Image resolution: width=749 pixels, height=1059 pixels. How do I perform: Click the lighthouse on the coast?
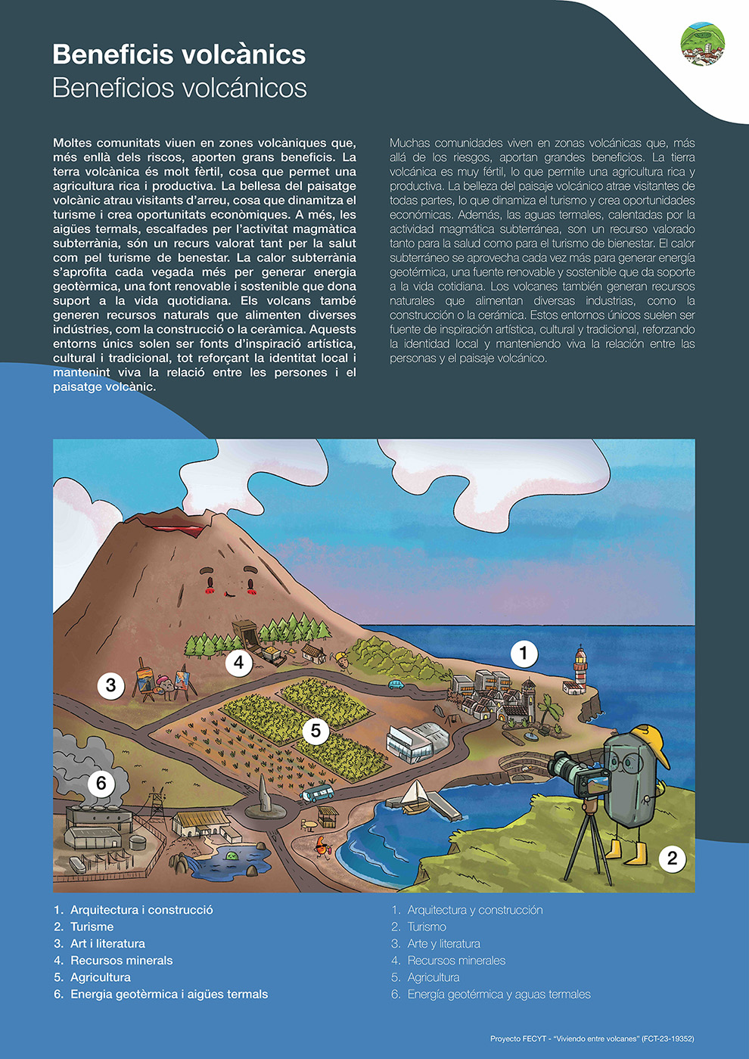(x=580, y=669)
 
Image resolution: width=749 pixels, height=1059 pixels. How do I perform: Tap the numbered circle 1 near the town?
(x=524, y=653)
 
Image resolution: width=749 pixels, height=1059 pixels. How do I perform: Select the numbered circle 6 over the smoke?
(x=101, y=783)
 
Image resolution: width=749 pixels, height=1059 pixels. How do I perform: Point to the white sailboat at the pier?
(x=415, y=796)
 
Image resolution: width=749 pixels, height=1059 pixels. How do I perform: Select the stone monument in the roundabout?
(x=263, y=795)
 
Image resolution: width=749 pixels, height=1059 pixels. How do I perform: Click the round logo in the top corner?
(x=702, y=44)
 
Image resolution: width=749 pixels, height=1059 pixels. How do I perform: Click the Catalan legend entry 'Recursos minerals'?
(x=121, y=961)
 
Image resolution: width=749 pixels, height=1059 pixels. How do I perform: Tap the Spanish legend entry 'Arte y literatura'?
(x=443, y=944)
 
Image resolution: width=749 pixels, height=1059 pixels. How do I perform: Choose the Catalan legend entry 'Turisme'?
(x=92, y=927)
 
